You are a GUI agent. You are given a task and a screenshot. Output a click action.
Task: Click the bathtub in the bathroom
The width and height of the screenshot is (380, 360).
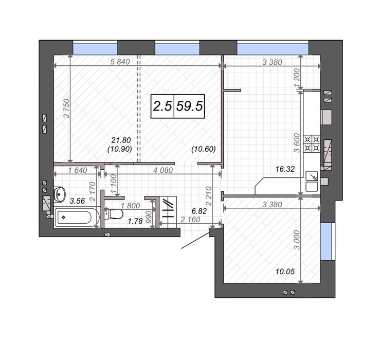coord(77,217)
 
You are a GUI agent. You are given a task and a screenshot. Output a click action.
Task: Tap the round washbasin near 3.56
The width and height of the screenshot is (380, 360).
coord(60,194)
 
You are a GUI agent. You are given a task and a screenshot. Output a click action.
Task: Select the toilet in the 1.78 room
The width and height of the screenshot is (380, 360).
coord(114,214)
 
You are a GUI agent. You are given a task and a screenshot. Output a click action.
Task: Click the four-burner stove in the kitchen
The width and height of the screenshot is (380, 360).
coord(312,143)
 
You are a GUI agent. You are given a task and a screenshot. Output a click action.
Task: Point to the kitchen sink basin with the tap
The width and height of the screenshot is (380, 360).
coord(312,176)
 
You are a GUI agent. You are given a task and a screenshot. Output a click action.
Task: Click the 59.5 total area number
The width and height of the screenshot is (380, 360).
coord(189,106)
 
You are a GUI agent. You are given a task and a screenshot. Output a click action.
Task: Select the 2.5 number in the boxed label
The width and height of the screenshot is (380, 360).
coord(162,106)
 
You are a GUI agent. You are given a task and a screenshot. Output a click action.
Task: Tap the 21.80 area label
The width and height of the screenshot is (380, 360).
coord(121,140)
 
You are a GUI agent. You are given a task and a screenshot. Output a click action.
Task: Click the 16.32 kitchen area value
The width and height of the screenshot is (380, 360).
coord(285,169)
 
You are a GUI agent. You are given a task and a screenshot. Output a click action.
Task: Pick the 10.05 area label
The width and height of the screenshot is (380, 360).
coord(285,272)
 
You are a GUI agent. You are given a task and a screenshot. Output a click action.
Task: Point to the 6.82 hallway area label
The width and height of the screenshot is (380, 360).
coord(199,211)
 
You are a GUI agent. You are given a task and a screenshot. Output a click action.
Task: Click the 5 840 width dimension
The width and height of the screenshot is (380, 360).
coord(120,62)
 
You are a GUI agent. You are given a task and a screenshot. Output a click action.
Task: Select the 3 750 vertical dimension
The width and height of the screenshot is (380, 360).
coord(66,109)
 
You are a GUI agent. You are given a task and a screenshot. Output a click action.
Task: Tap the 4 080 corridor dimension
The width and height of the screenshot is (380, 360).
coord(163,170)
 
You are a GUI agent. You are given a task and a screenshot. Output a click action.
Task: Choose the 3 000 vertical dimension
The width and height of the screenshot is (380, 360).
coord(297,240)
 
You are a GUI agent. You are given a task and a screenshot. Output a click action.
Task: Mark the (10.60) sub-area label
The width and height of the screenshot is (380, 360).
coord(204,149)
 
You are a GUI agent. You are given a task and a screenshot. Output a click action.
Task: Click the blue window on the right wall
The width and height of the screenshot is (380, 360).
coord(326,241)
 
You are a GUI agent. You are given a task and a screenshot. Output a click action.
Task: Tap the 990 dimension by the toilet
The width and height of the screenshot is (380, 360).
coord(149,217)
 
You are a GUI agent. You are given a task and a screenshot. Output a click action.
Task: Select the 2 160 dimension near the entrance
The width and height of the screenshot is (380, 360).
coord(190,220)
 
